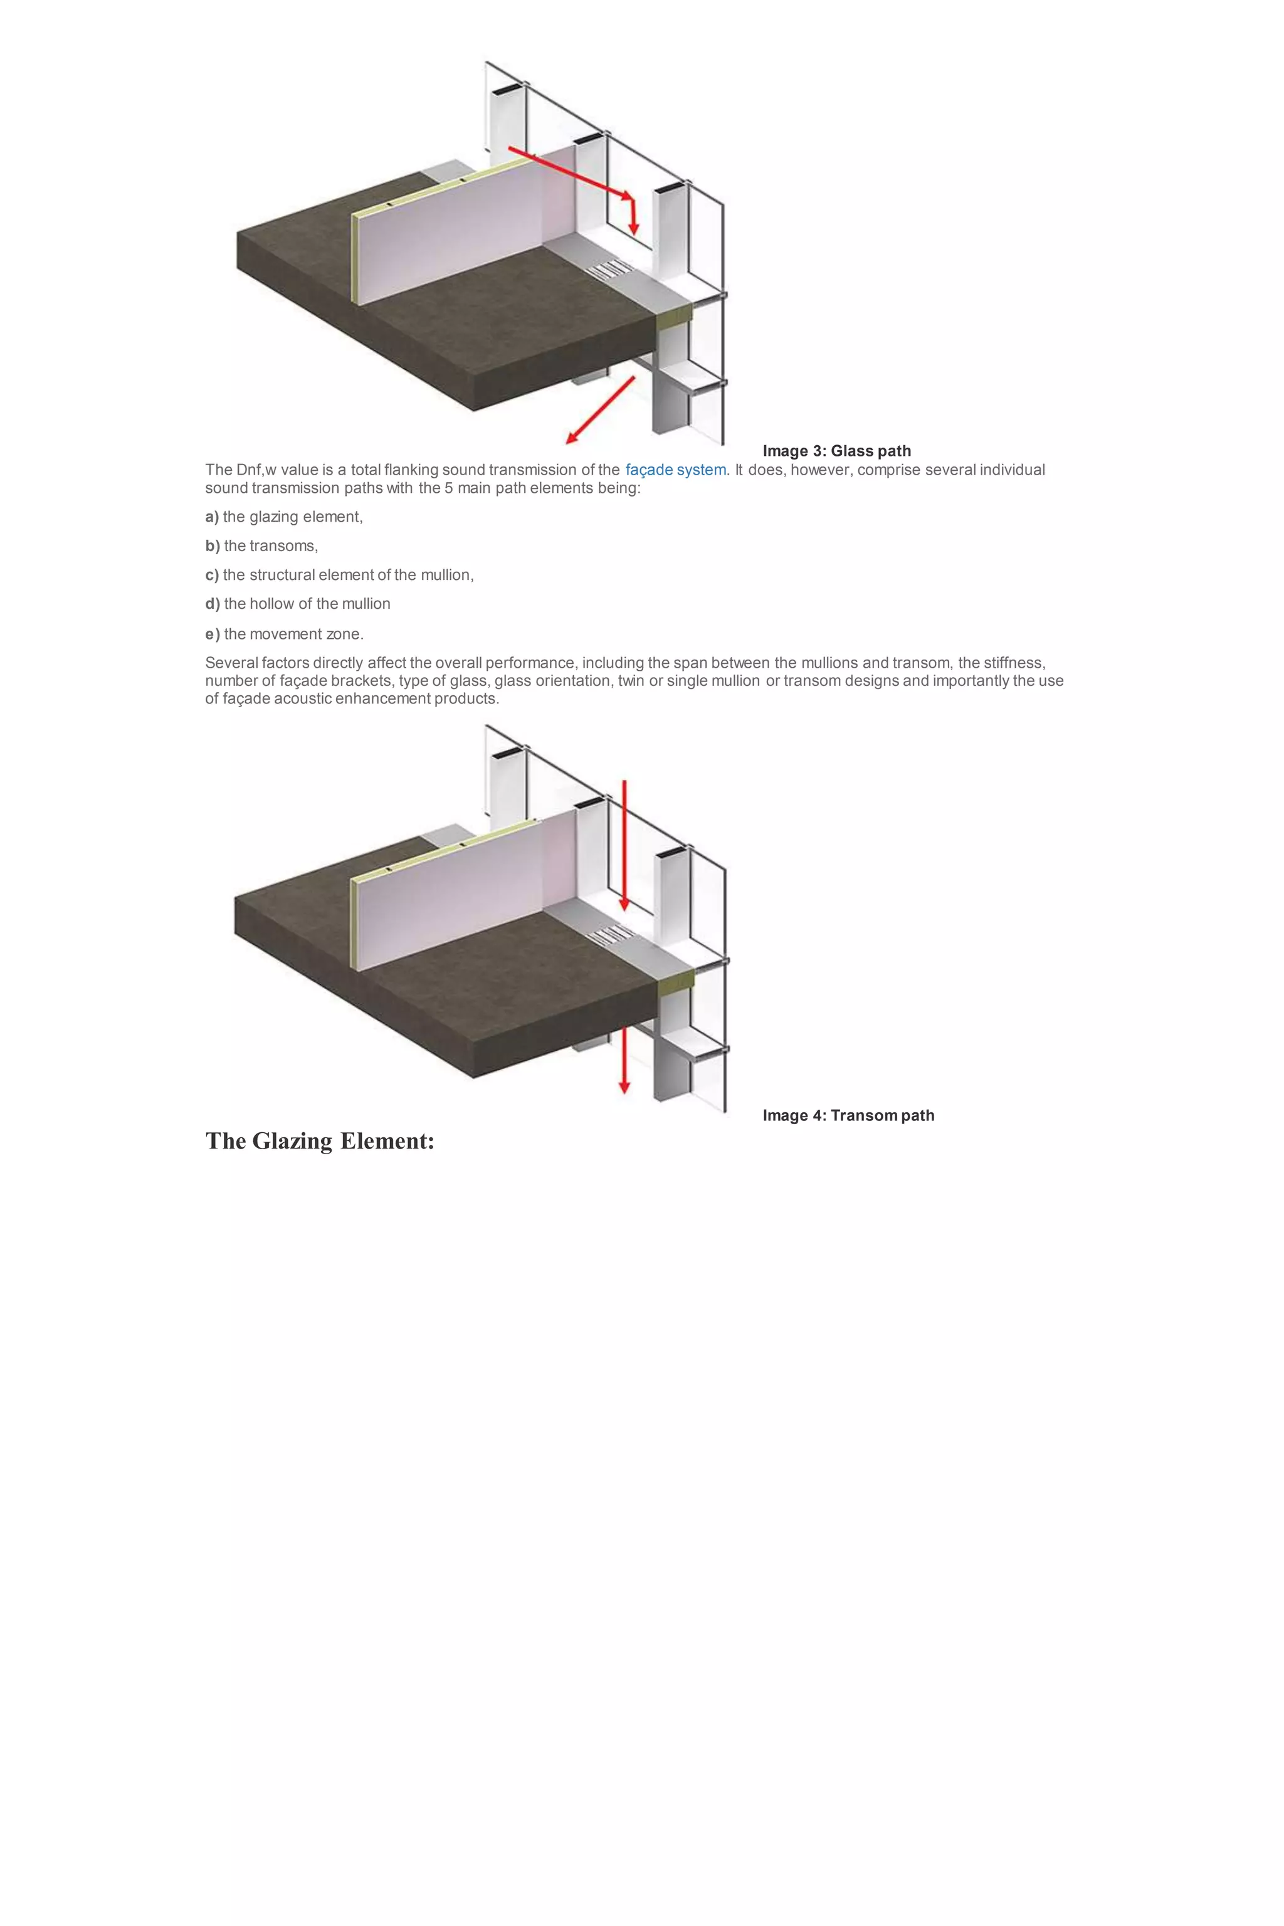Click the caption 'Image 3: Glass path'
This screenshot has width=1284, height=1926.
pyautogui.click(x=836, y=451)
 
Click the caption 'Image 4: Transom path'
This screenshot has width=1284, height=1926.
pyautogui.click(x=848, y=1115)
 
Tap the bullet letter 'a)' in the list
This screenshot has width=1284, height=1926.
pyautogui.click(x=212, y=517)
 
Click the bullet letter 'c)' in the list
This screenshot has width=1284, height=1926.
pyautogui.click(x=212, y=575)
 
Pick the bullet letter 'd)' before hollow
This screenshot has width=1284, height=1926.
pyautogui.click(x=213, y=604)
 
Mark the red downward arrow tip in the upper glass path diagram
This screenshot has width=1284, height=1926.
pyautogui.click(x=633, y=227)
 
